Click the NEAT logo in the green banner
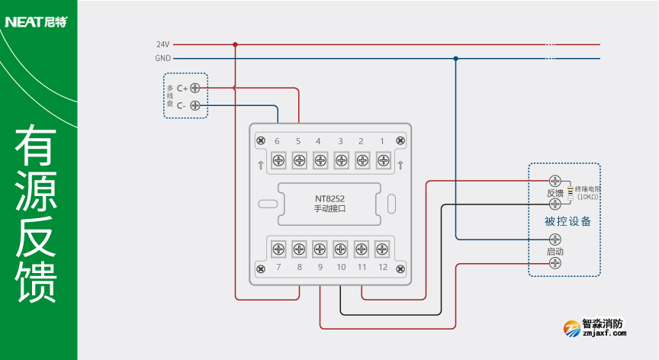coord(36,21)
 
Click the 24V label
coord(162,44)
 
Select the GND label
coord(162,58)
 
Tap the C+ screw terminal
coord(194,88)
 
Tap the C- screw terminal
coord(194,105)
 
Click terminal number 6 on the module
coord(277,141)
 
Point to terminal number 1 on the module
coord(382,141)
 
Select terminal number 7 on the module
coord(278,268)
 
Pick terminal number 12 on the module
coord(383,268)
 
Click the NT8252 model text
coord(329,198)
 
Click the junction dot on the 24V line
coord(235,44)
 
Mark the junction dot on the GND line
coord(455,58)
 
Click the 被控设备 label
coord(567,222)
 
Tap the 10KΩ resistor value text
coord(587,197)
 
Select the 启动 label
coord(555,251)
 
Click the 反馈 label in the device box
coord(555,193)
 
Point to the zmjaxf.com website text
coord(603,333)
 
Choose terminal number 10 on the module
coord(341,268)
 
